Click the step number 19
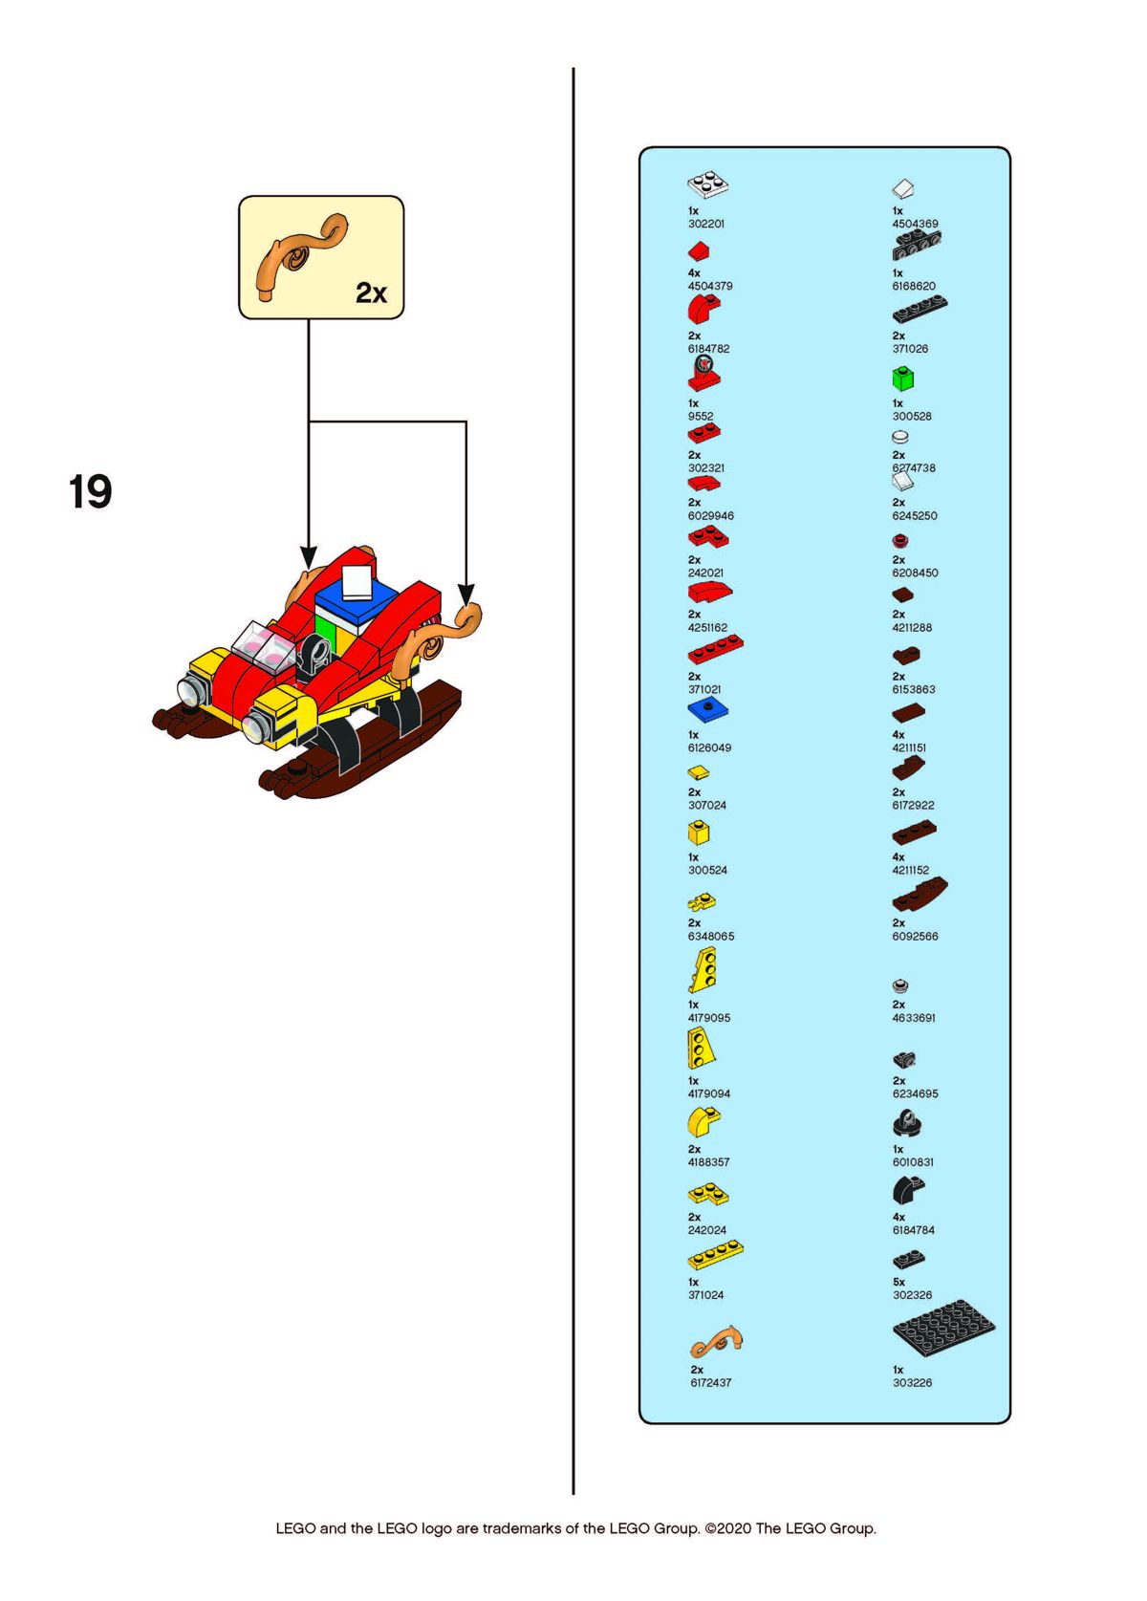[x=90, y=491]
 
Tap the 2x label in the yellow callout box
[x=371, y=292]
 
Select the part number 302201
[x=706, y=224]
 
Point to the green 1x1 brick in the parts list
[x=903, y=379]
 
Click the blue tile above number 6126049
[x=707, y=710]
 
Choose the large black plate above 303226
[x=943, y=1329]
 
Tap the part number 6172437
[x=710, y=1383]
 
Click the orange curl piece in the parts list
[x=716, y=1342]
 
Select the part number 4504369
[x=915, y=224]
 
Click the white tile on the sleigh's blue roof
[x=356, y=581]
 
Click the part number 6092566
[x=915, y=937]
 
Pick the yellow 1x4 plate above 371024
[x=715, y=1255]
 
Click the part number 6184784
[x=914, y=1230]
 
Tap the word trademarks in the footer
[x=521, y=1528]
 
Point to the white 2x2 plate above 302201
[x=708, y=185]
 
